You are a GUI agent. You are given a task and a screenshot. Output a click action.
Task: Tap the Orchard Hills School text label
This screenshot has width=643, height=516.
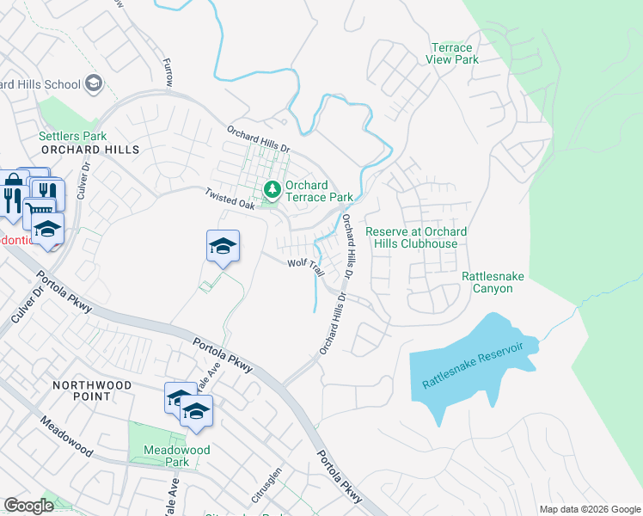coord(38,84)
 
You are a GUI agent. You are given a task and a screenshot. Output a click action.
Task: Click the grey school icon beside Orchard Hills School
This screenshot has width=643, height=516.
coord(94,84)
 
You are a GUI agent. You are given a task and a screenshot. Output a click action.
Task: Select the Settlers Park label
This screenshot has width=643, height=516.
coord(72,136)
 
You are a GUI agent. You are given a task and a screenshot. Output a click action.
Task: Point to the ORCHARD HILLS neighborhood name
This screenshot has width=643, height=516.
coord(89,150)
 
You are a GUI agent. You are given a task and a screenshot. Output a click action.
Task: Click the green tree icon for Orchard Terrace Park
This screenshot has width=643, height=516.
coord(273,187)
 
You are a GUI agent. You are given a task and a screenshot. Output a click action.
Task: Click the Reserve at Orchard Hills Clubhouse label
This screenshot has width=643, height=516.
coord(417,237)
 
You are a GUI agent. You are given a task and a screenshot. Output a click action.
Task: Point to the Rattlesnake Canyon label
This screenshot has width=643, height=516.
coord(493,282)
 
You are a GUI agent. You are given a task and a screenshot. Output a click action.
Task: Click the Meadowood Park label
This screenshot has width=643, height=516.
coord(177,456)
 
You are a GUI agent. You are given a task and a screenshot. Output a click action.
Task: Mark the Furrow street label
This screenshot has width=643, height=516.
coord(168,72)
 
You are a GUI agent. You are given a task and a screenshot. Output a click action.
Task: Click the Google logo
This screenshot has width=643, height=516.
coord(30,506)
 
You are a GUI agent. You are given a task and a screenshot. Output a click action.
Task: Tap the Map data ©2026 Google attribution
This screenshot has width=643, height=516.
coord(590,509)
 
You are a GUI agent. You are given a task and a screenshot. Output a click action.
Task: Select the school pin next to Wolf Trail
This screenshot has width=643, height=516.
coord(223,246)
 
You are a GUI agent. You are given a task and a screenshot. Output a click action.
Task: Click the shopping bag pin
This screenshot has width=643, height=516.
coord(13,184)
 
